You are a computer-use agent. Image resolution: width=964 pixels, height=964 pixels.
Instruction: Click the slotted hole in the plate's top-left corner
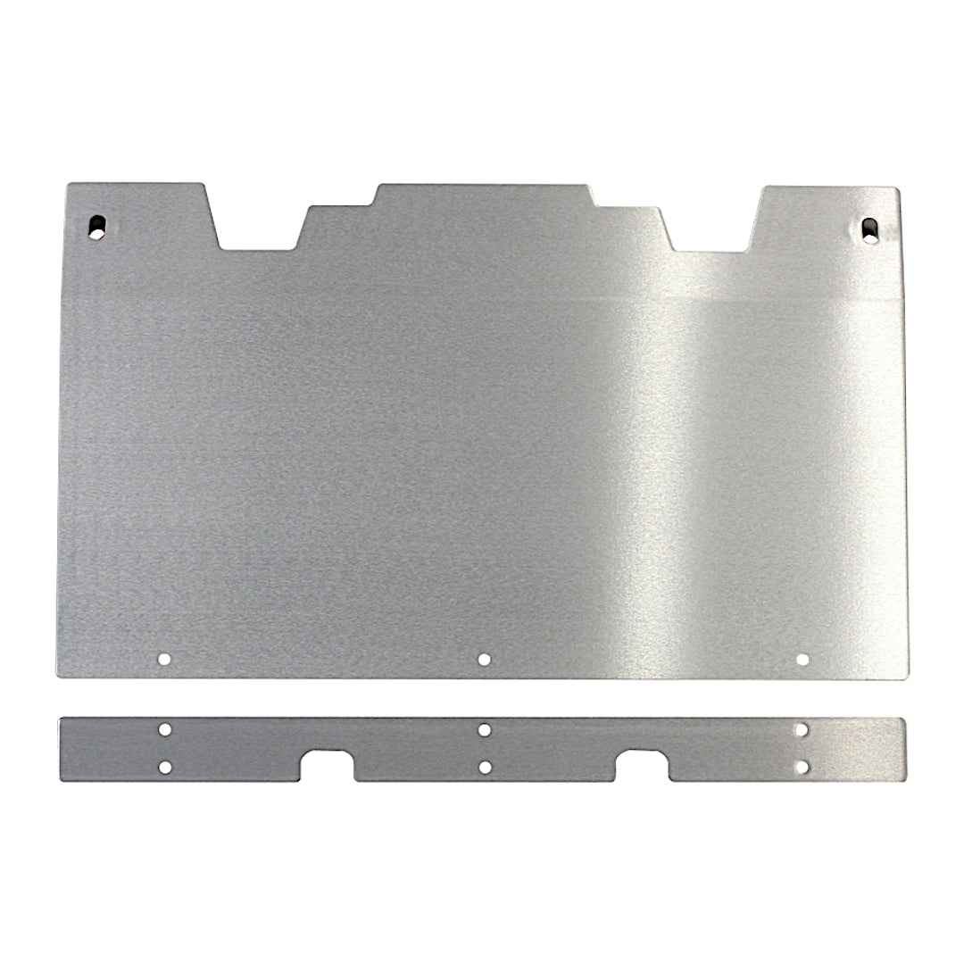pyautogui.click(x=96, y=226)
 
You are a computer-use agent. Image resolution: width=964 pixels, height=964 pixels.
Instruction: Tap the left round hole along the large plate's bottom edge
pyautogui.click(x=164, y=660)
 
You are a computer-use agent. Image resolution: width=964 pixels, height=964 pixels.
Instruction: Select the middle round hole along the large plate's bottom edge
pyautogui.click(x=484, y=660)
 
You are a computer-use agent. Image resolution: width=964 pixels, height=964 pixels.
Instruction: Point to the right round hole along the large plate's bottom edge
pyautogui.click(x=802, y=660)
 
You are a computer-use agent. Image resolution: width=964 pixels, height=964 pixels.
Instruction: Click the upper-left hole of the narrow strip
pyautogui.click(x=164, y=729)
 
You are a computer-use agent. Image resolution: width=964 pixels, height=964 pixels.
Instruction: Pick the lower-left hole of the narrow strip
pyautogui.click(x=164, y=767)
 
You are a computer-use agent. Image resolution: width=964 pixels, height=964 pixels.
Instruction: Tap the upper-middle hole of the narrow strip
pyautogui.click(x=484, y=729)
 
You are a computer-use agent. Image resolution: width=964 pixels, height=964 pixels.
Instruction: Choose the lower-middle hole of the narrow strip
pyautogui.click(x=484, y=767)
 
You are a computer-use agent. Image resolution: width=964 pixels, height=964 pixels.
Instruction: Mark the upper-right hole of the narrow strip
pyautogui.click(x=802, y=729)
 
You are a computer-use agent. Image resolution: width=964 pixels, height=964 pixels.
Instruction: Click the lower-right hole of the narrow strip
pyautogui.click(x=802, y=767)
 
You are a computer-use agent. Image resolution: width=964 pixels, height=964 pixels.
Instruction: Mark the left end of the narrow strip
pyautogui.click(x=62, y=750)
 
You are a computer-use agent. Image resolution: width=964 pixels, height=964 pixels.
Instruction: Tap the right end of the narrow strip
pyautogui.click(x=902, y=750)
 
